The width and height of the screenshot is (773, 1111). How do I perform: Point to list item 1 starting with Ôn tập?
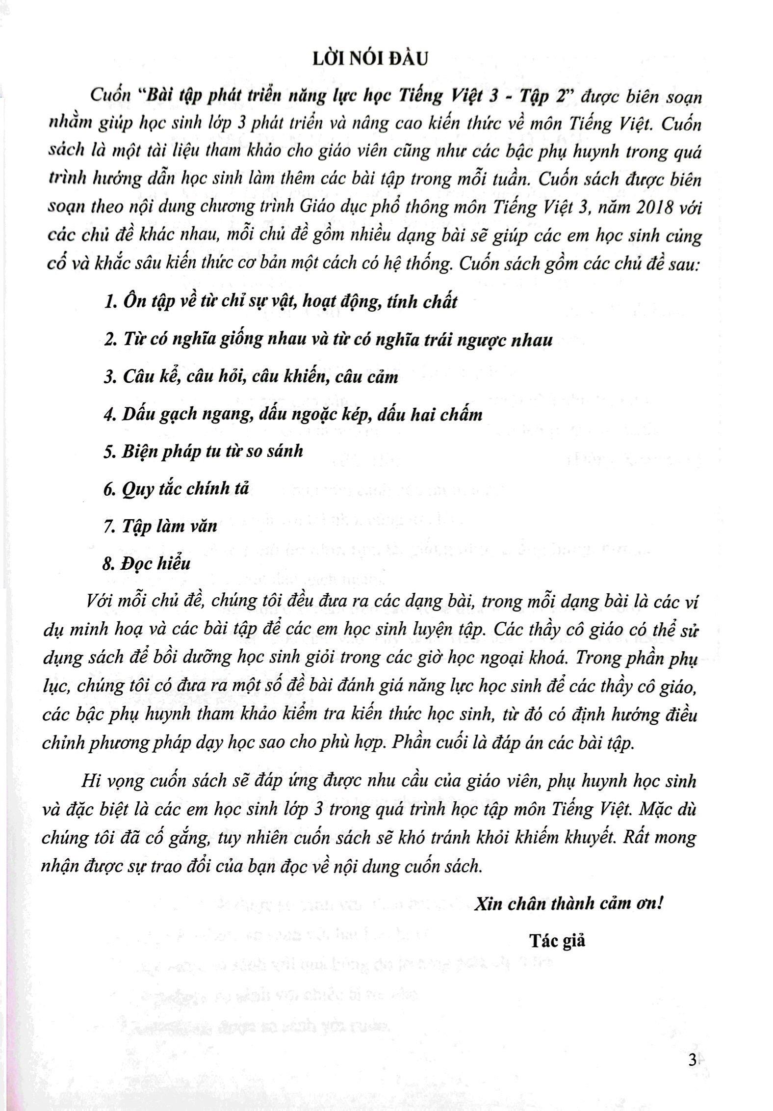point(281,301)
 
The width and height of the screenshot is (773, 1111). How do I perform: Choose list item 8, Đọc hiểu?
point(147,563)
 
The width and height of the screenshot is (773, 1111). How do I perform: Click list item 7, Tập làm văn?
point(160,526)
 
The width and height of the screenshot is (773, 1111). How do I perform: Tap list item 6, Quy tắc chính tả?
point(177,489)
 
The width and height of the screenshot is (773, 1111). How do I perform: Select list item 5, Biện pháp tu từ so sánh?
point(203,451)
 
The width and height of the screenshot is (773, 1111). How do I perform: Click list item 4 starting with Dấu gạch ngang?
point(293,415)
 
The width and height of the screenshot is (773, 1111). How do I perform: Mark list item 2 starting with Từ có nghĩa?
point(328,340)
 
